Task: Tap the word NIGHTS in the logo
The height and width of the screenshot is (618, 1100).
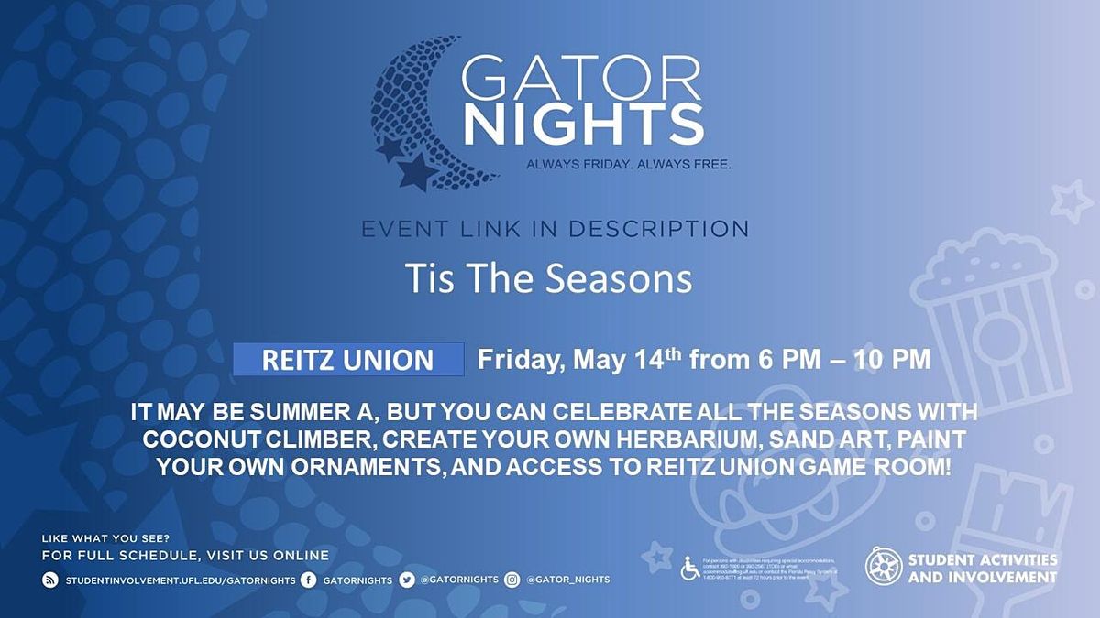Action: point(583,126)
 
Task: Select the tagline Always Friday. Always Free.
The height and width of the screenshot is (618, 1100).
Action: point(628,165)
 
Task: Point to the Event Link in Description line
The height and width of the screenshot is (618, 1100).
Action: point(555,228)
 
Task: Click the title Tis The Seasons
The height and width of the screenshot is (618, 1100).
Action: point(548,278)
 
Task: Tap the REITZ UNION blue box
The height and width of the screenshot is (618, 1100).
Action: point(348,360)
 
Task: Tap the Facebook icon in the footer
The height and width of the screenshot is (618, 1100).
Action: point(309,580)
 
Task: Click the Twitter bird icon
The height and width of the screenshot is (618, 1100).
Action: point(407,580)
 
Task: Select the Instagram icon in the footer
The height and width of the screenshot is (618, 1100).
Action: point(512,580)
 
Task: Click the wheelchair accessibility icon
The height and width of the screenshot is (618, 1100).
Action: point(689,569)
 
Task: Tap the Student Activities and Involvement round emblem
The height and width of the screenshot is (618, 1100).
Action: point(884,567)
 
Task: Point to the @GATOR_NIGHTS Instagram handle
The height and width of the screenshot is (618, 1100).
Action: point(568,580)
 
